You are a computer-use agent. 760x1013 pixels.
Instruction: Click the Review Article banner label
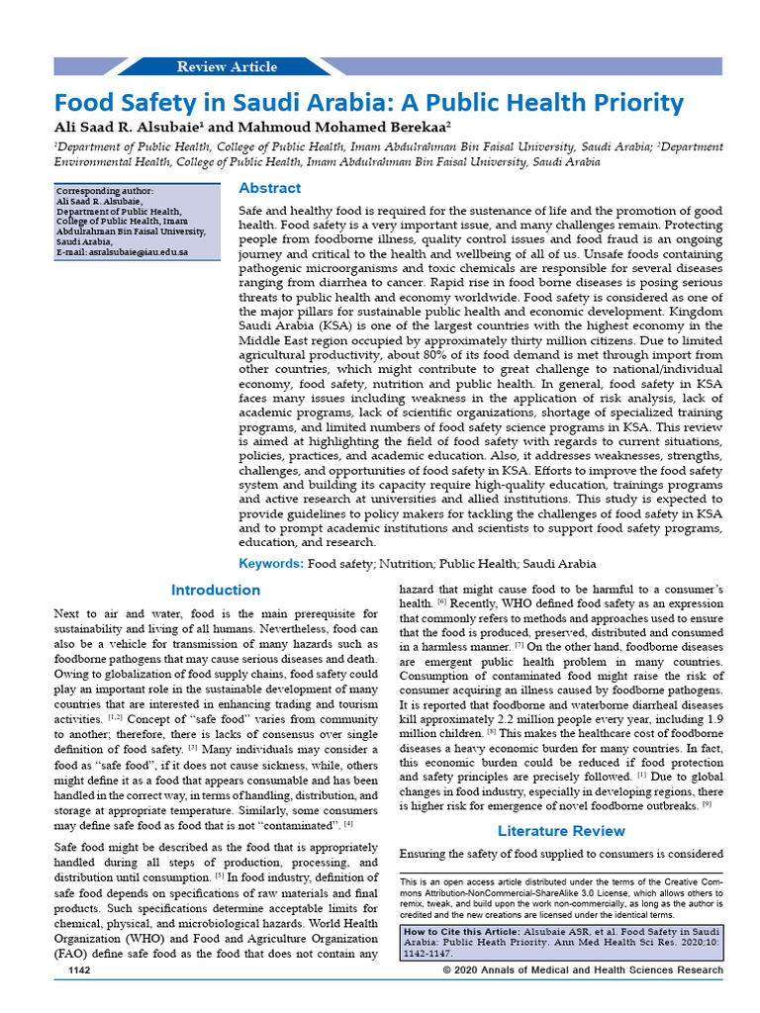point(227,67)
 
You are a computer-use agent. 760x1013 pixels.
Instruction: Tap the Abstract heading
point(270,188)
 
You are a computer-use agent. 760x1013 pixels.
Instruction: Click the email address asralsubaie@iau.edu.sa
point(121,252)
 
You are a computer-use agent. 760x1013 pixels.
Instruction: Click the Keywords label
point(271,563)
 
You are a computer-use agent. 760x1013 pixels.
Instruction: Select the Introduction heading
point(216,591)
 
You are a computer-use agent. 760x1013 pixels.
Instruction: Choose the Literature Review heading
point(561,830)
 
